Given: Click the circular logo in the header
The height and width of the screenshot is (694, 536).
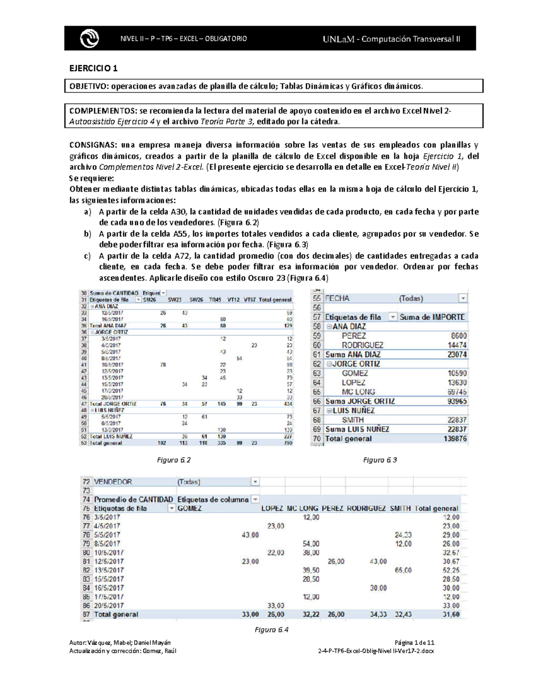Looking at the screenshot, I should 89,38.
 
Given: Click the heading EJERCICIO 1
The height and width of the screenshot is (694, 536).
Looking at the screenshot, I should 93,68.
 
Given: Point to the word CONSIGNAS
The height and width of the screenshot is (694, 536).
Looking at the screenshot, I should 92,145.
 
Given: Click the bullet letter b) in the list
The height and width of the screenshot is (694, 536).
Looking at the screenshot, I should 88,234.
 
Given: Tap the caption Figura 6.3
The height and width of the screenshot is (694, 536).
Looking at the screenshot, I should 380,460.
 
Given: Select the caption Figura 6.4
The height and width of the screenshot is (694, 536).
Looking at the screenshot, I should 272,630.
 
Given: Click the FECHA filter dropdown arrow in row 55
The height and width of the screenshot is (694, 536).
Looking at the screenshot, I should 463,299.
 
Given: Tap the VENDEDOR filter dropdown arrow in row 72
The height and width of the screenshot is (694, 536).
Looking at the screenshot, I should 255,482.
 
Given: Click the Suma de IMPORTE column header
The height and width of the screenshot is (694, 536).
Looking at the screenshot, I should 432,317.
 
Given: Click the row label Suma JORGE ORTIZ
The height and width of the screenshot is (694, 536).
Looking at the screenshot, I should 360,401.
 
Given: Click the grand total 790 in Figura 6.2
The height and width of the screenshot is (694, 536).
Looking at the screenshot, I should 288,443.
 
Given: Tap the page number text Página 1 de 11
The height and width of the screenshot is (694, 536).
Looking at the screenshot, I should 415,643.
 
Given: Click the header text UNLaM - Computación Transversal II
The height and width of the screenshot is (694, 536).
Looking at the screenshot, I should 391,39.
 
